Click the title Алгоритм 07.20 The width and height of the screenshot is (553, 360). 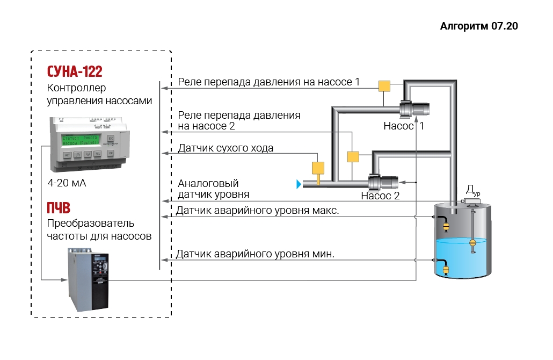click(x=479, y=26)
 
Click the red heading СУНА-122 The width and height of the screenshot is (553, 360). click(x=75, y=71)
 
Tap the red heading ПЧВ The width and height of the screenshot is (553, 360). click(x=59, y=208)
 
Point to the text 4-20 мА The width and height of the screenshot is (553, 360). click(x=67, y=183)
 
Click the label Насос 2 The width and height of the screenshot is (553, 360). click(x=380, y=196)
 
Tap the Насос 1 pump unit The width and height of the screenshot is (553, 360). click(x=416, y=110)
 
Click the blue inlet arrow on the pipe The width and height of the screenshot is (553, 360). click(x=299, y=184)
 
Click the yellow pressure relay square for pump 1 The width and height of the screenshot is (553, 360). click(x=384, y=86)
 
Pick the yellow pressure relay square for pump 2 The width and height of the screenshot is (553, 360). click(x=352, y=156)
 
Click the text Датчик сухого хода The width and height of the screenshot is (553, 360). click(x=225, y=148)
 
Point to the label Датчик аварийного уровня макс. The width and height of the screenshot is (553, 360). click(x=257, y=210)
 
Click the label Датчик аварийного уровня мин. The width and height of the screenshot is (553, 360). click(x=255, y=254)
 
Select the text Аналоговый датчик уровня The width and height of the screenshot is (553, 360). click(x=213, y=189)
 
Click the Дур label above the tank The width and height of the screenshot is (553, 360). click(x=472, y=190)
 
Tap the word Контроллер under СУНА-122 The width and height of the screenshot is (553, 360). click(x=77, y=88)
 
